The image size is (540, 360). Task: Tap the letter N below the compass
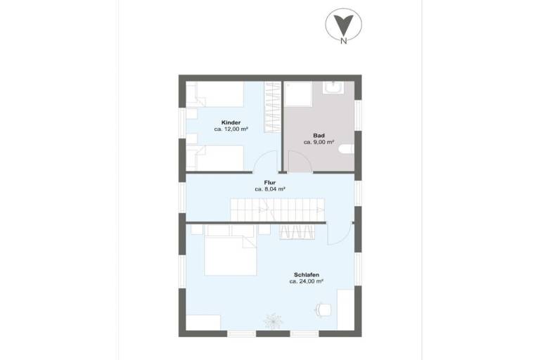(343, 41)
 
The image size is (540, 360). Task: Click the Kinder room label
(231, 122)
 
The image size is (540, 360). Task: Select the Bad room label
(319, 136)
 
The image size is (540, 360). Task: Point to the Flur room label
(270, 183)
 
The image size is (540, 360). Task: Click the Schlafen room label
(307, 275)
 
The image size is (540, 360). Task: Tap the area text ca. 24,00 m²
(306, 281)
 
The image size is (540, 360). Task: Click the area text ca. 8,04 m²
(270, 189)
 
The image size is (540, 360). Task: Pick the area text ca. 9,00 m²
(319, 142)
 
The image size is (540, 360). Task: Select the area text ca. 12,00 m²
(231, 129)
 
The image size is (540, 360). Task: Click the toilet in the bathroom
(347, 149)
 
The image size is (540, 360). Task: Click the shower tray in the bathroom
(298, 94)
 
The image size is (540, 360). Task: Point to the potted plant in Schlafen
(273, 320)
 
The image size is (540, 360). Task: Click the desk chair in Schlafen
(323, 309)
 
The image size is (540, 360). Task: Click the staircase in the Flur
(278, 210)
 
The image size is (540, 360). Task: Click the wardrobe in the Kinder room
(272, 107)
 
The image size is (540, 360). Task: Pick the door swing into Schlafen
(340, 233)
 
